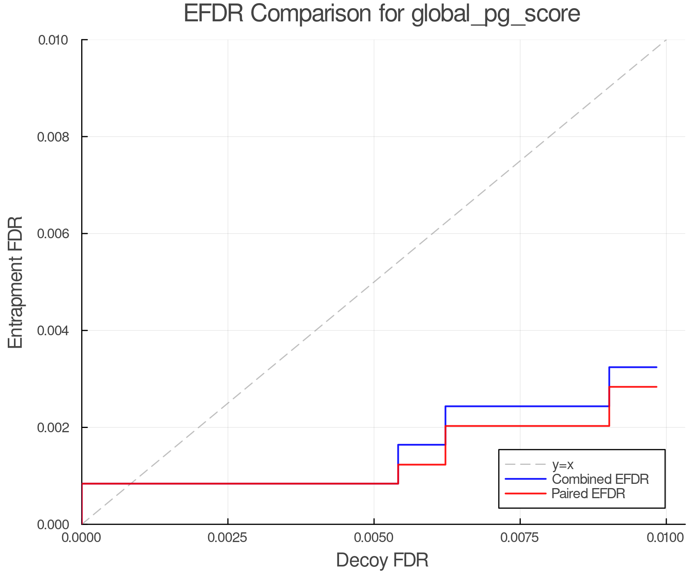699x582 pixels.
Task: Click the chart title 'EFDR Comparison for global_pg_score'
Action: pyautogui.click(x=382, y=14)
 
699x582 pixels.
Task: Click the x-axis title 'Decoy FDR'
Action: pyautogui.click(x=382, y=560)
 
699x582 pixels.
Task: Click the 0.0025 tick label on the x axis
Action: pyautogui.click(x=228, y=538)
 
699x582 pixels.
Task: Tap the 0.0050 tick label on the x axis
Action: pyautogui.click(x=374, y=538)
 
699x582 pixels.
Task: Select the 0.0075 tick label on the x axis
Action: pyautogui.click(x=520, y=538)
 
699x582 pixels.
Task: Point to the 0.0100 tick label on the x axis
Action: pyautogui.click(x=666, y=538)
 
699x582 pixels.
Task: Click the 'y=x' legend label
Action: pyautogui.click(x=563, y=464)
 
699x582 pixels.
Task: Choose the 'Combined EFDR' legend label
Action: pyautogui.click(x=600, y=479)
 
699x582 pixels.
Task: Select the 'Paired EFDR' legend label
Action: pyautogui.click(x=588, y=494)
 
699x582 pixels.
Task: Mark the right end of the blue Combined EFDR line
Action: pyautogui.click(x=656, y=367)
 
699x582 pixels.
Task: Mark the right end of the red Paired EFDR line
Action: pyautogui.click(x=656, y=387)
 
